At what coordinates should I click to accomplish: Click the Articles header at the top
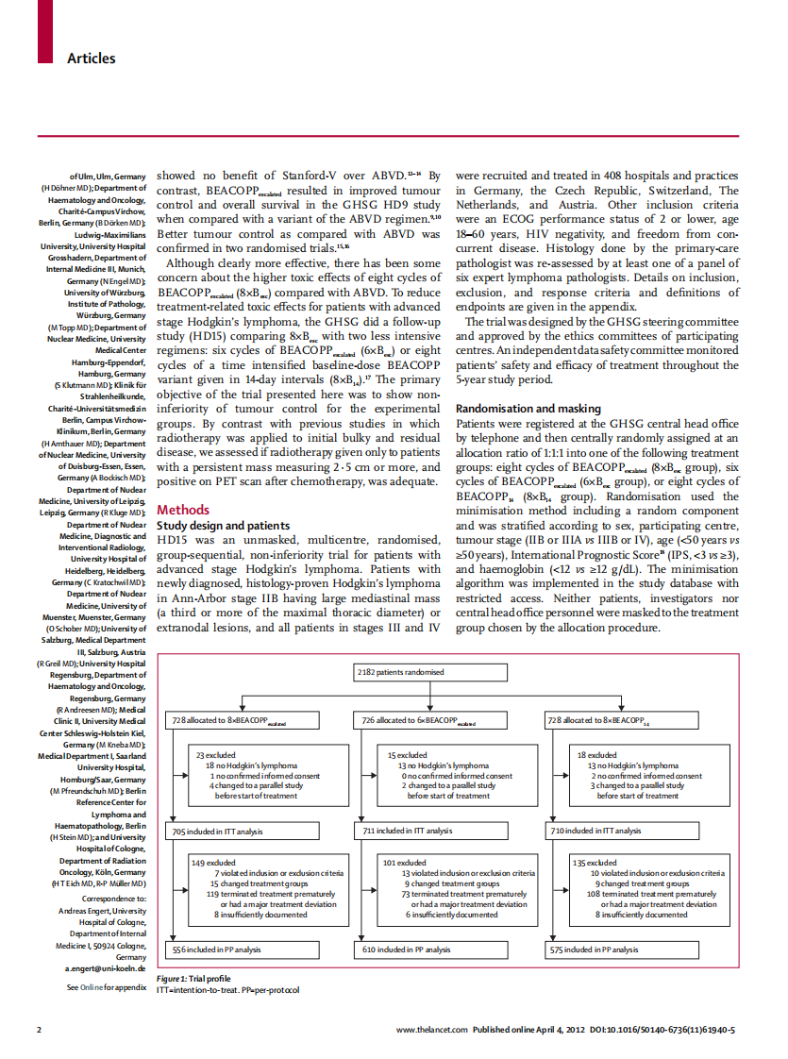coord(91,59)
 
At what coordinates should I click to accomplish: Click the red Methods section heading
coord(182,510)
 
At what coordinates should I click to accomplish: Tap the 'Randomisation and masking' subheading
coord(528,409)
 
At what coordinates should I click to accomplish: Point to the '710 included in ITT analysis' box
coord(596,831)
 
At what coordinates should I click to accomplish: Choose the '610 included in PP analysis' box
coord(407,950)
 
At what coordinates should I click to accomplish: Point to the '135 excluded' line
coord(595,863)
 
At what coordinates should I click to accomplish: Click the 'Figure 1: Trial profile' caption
coord(193,978)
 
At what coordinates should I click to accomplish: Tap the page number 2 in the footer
coord(39,1029)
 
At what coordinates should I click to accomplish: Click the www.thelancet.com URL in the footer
coord(432,1029)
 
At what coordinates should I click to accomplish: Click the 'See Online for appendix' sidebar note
coord(106,987)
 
